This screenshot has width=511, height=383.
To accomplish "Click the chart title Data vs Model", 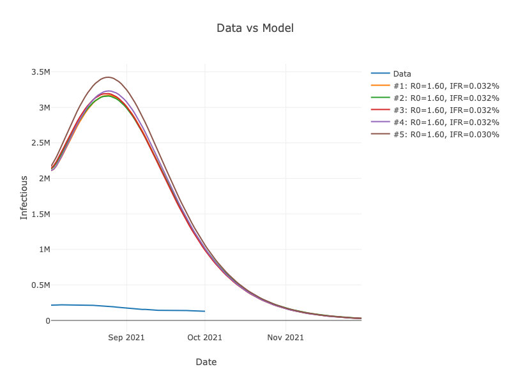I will [x=255, y=28].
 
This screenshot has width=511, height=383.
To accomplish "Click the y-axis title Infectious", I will [x=24, y=197].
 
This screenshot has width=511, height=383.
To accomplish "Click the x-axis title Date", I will [x=206, y=362].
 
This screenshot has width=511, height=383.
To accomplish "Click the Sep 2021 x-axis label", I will [x=126, y=337].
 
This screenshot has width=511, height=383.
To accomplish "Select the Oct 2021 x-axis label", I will [x=204, y=337].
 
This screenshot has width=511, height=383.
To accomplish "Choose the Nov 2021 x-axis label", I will [x=286, y=337].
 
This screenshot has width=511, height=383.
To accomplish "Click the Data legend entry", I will [x=402, y=73].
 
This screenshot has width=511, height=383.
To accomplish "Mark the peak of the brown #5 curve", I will [x=109, y=77].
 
